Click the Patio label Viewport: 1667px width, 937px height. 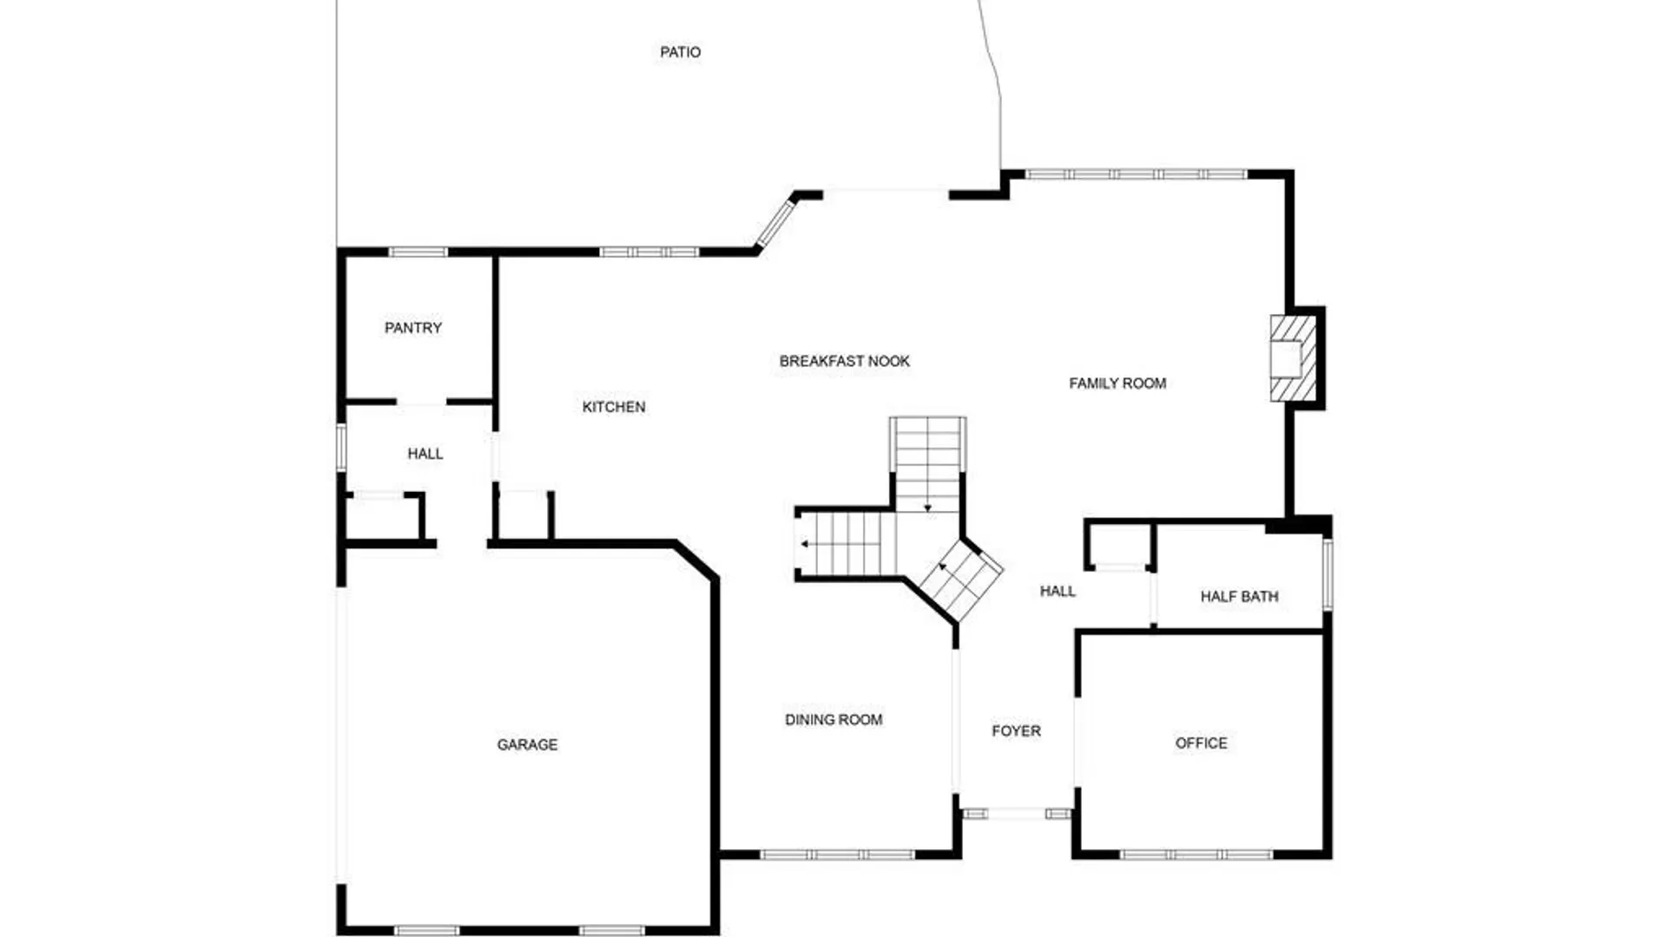[680, 52]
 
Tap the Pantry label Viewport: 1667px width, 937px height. [413, 328]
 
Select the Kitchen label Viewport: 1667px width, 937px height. [614, 407]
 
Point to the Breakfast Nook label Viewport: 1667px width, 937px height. [845, 361]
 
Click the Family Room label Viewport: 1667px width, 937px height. [1117, 383]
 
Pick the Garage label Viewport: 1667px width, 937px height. [527, 744]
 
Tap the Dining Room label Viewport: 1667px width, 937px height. [833, 719]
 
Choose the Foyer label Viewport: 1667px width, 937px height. [1016, 731]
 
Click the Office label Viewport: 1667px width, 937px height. [1201, 744]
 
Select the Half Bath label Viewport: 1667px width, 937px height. [1239, 597]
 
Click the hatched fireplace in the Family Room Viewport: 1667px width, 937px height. [1293, 358]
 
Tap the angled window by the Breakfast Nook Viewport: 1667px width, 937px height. [776, 224]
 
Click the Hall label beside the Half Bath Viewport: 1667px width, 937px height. [1058, 592]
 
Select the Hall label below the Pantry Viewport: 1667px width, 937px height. [425, 454]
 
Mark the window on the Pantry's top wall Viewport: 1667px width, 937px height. [418, 252]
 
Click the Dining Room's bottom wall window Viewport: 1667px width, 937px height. [837, 855]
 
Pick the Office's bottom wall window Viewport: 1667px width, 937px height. [1196, 855]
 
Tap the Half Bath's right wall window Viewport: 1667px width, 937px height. [1327, 573]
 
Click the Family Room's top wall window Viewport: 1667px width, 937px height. [1137, 174]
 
